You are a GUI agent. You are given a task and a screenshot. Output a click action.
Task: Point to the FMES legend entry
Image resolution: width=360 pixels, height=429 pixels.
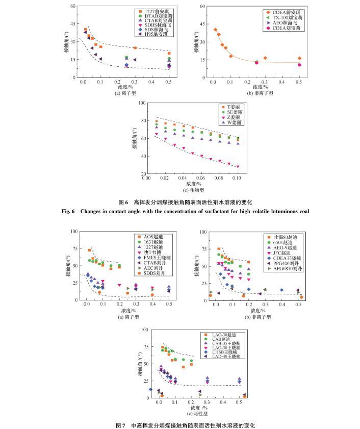[x=156, y=258]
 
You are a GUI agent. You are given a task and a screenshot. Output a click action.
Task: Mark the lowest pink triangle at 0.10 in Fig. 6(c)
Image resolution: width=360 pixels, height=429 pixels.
[x=238, y=167]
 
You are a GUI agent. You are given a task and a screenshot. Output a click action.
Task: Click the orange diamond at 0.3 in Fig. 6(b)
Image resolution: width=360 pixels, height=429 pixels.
[x=265, y=58]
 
